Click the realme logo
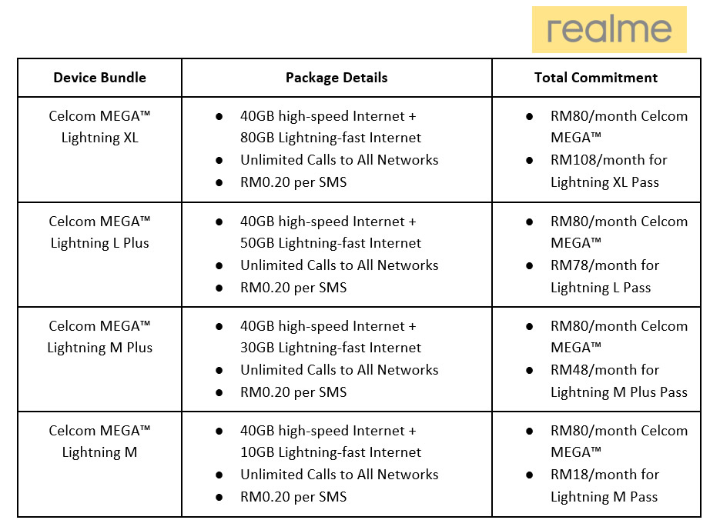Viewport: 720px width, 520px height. pyautogui.click(x=609, y=30)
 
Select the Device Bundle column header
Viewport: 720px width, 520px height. pyautogui.click(x=99, y=78)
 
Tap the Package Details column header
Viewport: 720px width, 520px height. pyautogui.click(x=337, y=78)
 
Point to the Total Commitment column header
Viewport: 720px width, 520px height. pyautogui.click(x=595, y=78)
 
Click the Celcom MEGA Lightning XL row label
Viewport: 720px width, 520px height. pyautogui.click(x=99, y=127)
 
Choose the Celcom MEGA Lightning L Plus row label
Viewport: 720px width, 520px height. pyautogui.click(x=99, y=232)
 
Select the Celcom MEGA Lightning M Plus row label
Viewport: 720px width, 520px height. pyautogui.click(x=99, y=337)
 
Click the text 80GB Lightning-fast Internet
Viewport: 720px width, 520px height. pyautogui.click(x=330, y=138)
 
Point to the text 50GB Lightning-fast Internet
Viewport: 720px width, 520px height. pyautogui.click(x=330, y=243)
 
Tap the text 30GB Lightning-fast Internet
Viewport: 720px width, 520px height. pyautogui.click(x=330, y=348)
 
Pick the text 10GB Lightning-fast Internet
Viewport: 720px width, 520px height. pyautogui.click(x=330, y=452)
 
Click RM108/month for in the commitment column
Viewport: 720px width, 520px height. pyautogui.click(x=609, y=159)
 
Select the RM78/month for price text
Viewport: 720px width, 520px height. pyautogui.click(x=604, y=265)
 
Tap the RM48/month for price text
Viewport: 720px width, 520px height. pyautogui.click(x=604, y=369)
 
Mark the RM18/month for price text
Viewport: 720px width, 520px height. pyautogui.click(x=604, y=474)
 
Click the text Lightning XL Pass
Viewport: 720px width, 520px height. pyautogui.click(x=604, y=182)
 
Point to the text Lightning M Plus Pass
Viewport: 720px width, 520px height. pyautogui.click(x=619, y=392)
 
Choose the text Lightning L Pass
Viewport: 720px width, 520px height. pyautogui.click(x=601, y=288)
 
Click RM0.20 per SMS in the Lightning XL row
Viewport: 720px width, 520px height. pyautogui.click(x=293, y=182)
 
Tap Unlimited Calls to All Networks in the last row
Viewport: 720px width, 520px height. pyautogui.click(x=340, y=474)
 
